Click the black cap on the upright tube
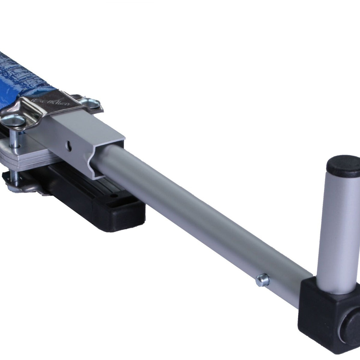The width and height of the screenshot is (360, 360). coord(340,165)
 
